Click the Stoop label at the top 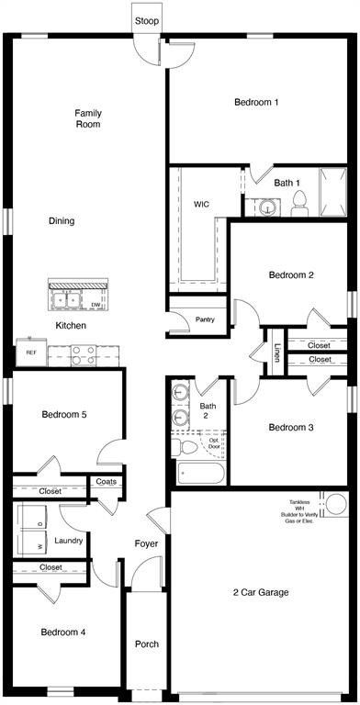[x=145, y=19]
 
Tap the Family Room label [x=88, y=118]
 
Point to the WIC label [x=202, y=204]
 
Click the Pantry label [x=205, y=320]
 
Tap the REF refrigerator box [x=31, y=352]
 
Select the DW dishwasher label [x=96, y=304]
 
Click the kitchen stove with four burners [x=84, y=352]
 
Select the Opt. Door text [x=214, y=444]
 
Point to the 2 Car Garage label [x=261, y=593]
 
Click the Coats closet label [x=105, y=482]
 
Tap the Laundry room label [x=69, y=541]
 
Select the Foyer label [x=147, y=544]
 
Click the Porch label [x=147, y=644]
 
